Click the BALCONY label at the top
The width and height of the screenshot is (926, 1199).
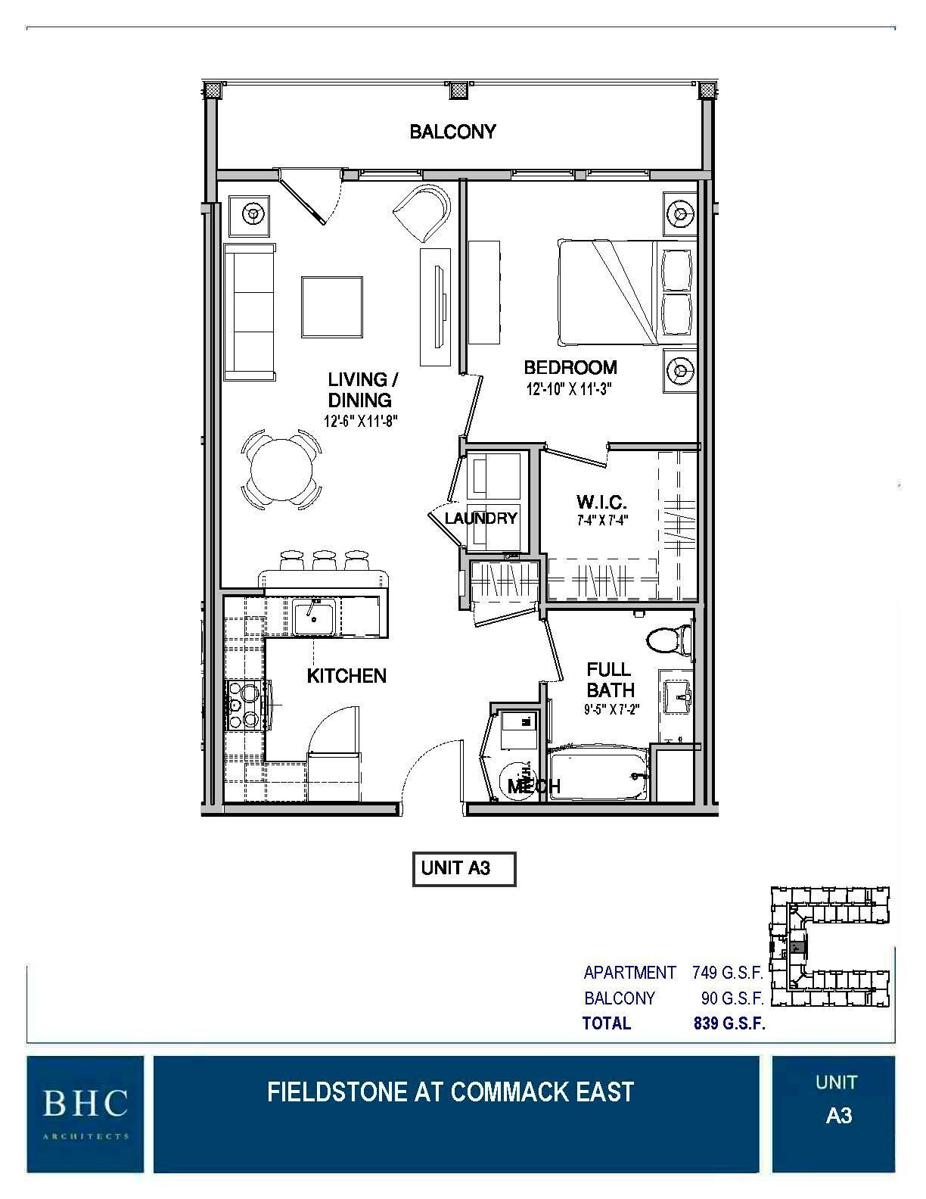[452, 132]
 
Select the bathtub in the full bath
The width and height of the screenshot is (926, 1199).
[598, 775]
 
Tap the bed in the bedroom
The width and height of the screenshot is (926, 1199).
[605, 291]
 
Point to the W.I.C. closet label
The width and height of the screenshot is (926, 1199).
[602, 502]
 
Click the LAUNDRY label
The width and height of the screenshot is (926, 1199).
[480, 519]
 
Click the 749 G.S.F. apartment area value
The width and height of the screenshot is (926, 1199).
[727, 973]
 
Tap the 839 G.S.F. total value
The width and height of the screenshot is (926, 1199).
[729, 1024]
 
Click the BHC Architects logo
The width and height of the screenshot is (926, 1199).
[85, 1113]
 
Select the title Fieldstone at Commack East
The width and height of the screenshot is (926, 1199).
[450, 1092]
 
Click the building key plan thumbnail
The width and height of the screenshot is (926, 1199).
[829, 948]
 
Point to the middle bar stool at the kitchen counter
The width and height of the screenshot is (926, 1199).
[324, 561]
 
